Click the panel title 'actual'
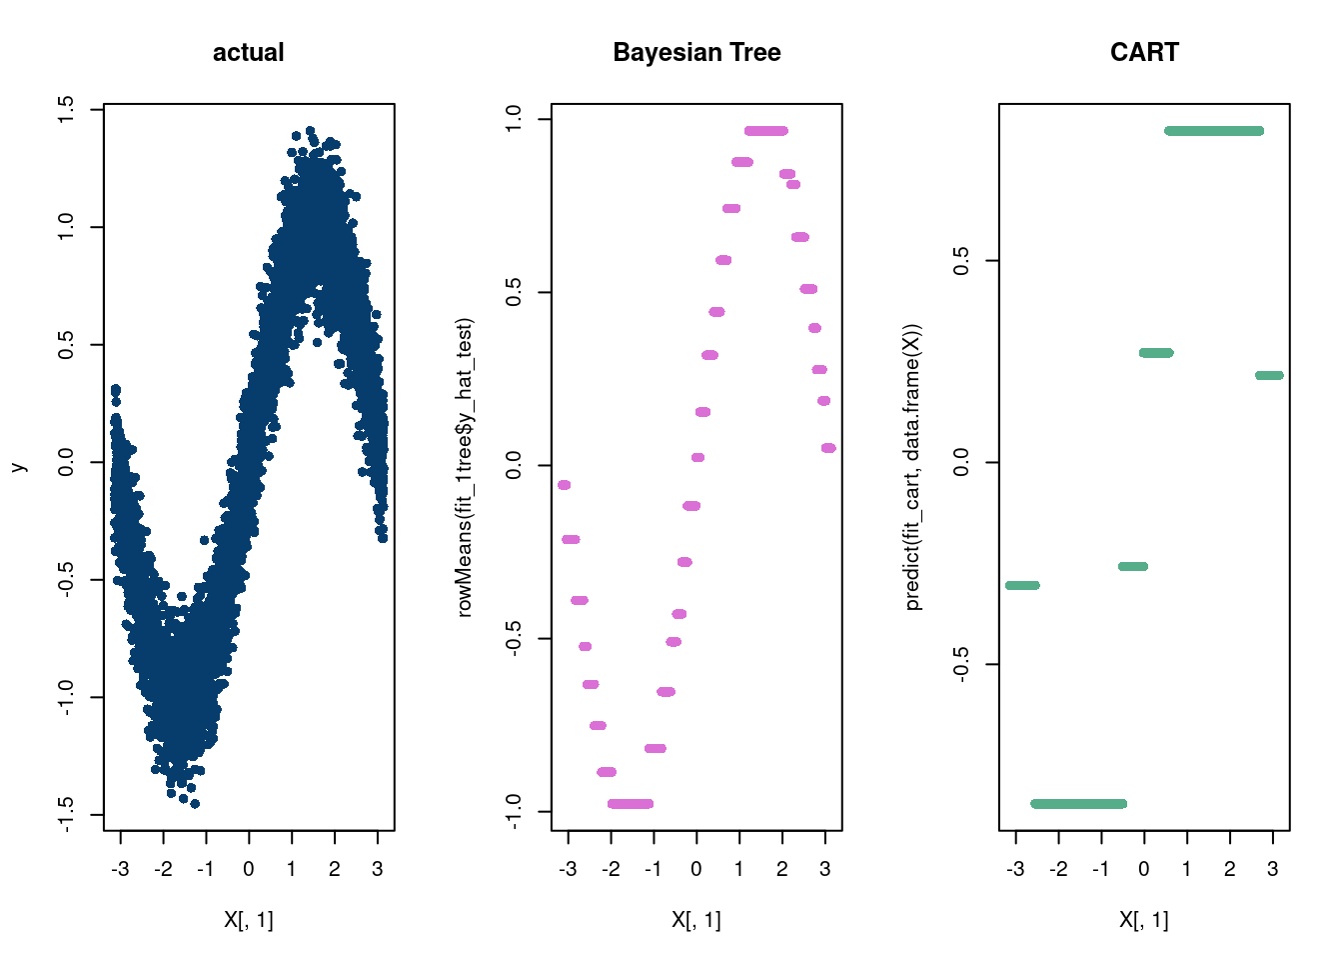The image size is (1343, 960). pyautogui.click(x=248, y=52)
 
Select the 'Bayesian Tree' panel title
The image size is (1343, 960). pyautogui.click(x=696, y=52)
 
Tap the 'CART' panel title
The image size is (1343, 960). pyautogui.click(x=1144, y=52)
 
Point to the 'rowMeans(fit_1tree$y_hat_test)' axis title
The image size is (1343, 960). pyautogui.click(x=465, y=467)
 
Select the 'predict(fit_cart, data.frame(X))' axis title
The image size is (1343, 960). pyautogui.click(x=912, y=467)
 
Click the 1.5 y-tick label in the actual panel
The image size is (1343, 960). pyautogui.click(x=66, y=109)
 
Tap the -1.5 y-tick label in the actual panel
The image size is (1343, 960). pyautogui.click(x=66, y=814)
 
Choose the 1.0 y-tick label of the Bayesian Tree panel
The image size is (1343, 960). pyautogui.click(x=514, y=120)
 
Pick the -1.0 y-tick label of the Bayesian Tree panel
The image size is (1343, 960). pyautogui.click(x=514, y=811)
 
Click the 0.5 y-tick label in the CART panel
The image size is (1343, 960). pyautogui.click(x=961, y=261)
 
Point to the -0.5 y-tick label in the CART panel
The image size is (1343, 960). pyautogui.click(x=961, y=664)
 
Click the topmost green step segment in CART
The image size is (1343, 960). pyautogui.click(x=1214, y=131)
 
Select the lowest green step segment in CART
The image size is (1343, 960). pyautogui.click(x=1078, y=804)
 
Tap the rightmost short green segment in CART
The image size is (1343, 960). pyautogui.click(x=1269, y=376)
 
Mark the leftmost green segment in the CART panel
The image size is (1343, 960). pyautogui.click(x=1022, y=585)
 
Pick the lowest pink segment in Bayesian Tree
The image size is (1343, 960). pyautogui.click(x=630, y=804)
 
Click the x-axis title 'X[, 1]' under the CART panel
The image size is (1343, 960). pyautogui.click(x=1144, y=920)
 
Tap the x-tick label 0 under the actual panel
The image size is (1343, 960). pyautogui.click(x=249, y=869)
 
